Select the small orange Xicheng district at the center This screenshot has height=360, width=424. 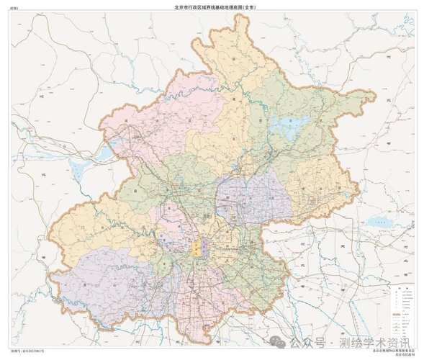197,249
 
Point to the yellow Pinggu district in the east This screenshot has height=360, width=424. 324,180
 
